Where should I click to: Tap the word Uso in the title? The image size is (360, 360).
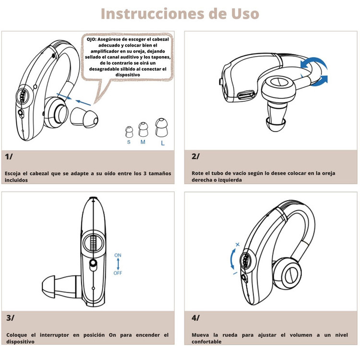pos(245,14)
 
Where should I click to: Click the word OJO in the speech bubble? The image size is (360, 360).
pos(91,39)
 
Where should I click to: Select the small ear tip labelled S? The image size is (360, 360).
pos(129,132)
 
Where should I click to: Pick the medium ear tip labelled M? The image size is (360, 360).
pos(143,130)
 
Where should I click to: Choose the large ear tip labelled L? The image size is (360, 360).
pos(161,127)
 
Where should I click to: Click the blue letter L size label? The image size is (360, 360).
pos(163,143)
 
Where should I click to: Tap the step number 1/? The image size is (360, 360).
pos(9,157)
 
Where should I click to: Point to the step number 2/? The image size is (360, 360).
pos(195,156)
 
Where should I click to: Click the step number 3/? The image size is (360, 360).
pos(10,318)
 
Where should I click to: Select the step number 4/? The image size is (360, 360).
pos(195,318)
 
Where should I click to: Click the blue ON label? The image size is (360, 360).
pos(118,255)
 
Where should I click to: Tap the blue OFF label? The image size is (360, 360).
pos(118,273)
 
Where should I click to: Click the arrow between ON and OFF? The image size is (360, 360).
pos(118,264)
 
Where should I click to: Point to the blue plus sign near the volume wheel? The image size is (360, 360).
pos(238,244)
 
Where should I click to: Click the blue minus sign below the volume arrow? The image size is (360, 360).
pos(235,273)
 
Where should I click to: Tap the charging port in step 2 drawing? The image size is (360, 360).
pos(246,95)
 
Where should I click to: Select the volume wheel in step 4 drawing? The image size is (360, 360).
pos(245,261)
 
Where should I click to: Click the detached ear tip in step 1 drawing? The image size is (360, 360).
pos(84,118)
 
